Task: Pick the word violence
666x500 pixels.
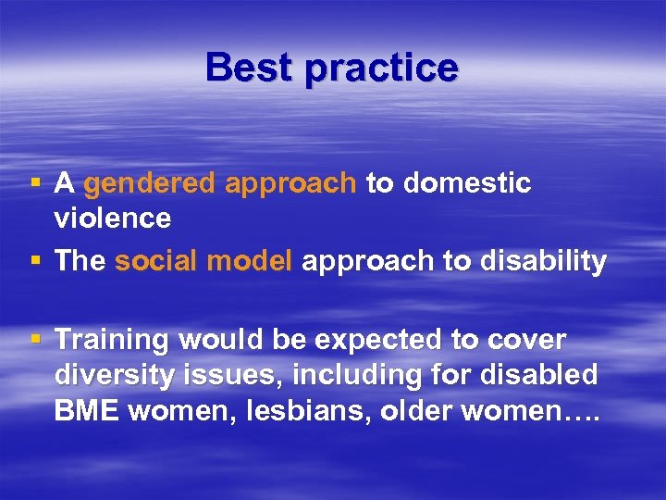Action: [x=113, y=219]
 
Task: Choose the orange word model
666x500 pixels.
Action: [x=251, y=261]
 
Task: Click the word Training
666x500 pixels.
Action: [x=113, y=341]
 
